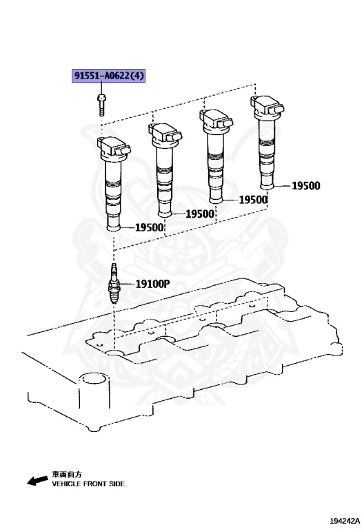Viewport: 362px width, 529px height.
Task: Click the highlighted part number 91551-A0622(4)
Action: (x=108, y=76)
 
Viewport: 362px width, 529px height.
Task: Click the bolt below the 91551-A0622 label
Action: (x=101, y=105)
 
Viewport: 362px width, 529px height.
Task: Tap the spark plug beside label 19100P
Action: (x=114, y=284)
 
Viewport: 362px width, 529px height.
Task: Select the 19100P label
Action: (x=152, y=284)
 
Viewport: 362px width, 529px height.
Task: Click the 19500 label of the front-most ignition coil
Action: (x=149, y=227)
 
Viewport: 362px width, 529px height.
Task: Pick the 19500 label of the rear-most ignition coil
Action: (x=306, y=185)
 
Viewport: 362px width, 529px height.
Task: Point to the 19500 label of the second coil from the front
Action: (x=200, y=214)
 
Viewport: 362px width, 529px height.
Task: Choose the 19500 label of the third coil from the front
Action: (x=253, y=200)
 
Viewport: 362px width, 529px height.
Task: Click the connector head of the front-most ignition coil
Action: (x=114, y=148)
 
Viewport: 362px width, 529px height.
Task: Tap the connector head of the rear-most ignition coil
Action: (x=268, y=105)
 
